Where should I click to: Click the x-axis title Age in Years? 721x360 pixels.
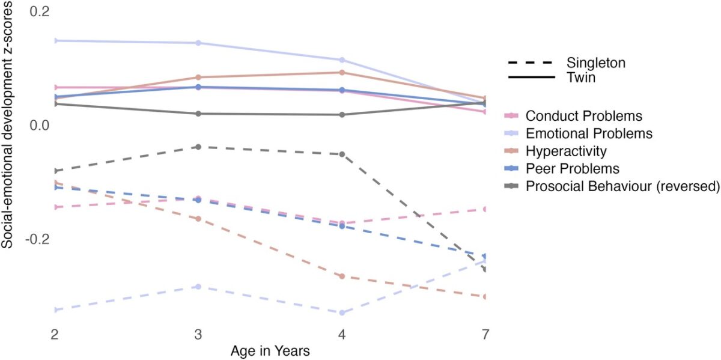tap(270, 351)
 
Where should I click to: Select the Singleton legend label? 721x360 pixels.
tap(595, 63)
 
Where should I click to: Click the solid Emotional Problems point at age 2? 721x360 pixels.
tap(55, 41)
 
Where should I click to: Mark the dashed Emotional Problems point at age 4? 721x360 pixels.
tap(342, 313)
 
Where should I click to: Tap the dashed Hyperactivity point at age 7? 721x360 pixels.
tap(485, 297)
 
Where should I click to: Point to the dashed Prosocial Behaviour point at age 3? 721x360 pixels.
tap(198, 147)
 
